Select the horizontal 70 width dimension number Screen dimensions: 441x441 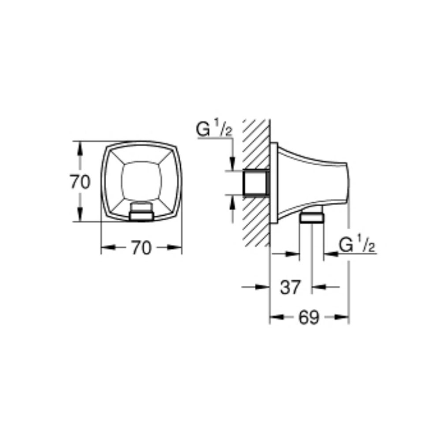point(141,249)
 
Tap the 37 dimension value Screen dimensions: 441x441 point(290,288)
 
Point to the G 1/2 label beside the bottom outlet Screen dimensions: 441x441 point(357,245)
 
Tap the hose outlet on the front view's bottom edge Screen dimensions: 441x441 point(141,212)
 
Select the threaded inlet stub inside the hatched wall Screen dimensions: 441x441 point(256,183)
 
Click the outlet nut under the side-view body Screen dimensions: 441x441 point(312,217)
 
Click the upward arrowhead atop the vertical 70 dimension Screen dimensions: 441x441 point(80,147)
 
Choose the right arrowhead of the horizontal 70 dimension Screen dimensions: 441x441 point(176,248)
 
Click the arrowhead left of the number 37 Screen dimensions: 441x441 point(264,287)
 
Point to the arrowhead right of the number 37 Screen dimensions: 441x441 point(318,287)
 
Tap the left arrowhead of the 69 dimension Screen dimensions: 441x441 point(275,317)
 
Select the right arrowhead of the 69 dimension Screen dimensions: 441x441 point(343,317)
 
